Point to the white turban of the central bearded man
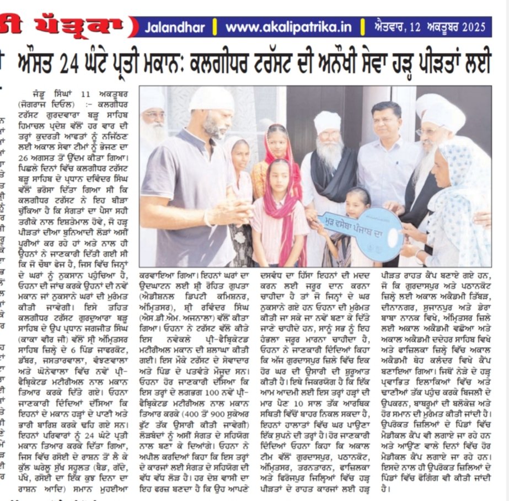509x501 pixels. [327, 122]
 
